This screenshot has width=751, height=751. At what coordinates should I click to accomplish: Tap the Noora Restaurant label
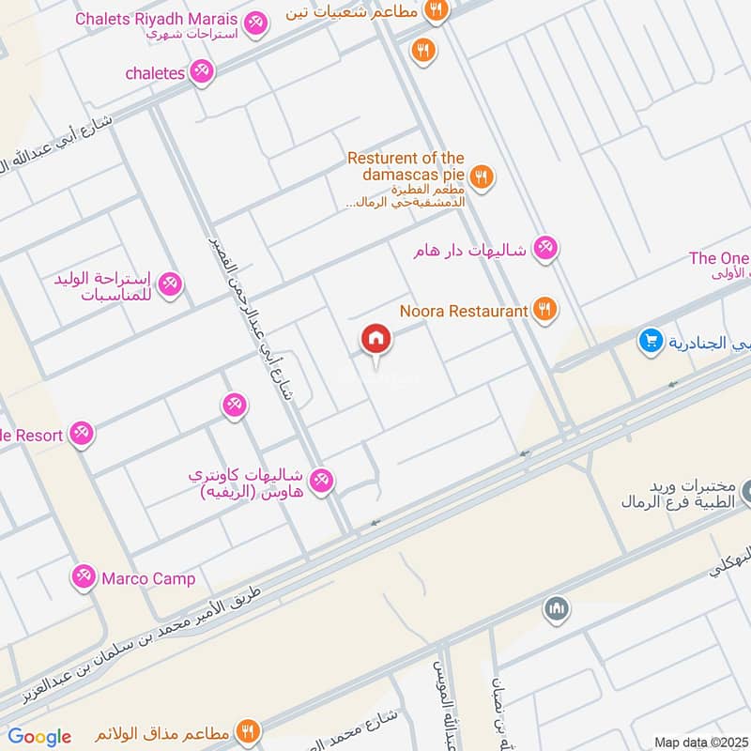tap(464, 310)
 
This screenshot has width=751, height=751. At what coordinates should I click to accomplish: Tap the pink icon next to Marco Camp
tap(84, 575)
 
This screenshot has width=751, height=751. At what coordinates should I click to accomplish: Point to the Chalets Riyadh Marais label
tap(155, 18)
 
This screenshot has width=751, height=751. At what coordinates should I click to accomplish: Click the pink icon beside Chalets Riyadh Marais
tap(254, 22)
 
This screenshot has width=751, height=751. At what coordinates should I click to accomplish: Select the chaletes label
tap(156, 71)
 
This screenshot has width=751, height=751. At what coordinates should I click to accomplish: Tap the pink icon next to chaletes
tap(201, 71)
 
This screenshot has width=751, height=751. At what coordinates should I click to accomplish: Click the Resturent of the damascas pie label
tap(406, 167)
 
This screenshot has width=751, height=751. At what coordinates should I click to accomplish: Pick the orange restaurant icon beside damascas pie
tap(482, 176)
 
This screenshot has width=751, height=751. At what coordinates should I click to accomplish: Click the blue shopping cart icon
tap(650, 342)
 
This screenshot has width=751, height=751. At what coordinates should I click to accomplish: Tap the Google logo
tap(39, 737)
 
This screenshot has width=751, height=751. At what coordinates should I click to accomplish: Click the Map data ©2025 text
tap(699, 742)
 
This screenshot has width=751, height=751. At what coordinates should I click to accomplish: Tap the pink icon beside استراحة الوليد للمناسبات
tap(170, 282)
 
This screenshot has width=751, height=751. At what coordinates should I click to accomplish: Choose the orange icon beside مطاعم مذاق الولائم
tap(249, 731)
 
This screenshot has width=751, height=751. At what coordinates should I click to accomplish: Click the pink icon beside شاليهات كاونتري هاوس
tap(322, 480)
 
